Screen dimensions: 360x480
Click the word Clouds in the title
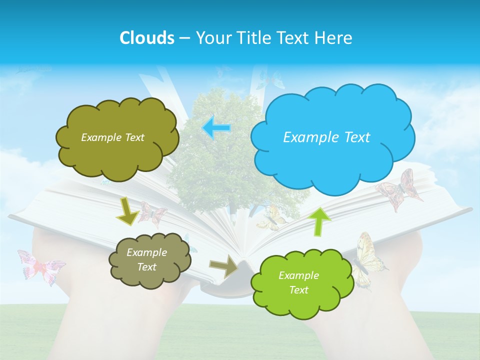click(x=147, y=38)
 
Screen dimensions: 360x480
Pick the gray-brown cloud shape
click(x=149, y=260)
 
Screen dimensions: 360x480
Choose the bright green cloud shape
click(x=302, y=283)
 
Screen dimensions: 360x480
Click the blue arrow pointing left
click(x=216, y=127)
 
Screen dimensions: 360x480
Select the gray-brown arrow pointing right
click(x=224, y=266)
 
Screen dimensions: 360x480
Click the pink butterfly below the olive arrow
click(x=151, y=214)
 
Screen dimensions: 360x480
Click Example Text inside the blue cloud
click(x=326, y=137)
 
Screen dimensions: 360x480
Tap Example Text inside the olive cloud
click(x=112, y=137)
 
